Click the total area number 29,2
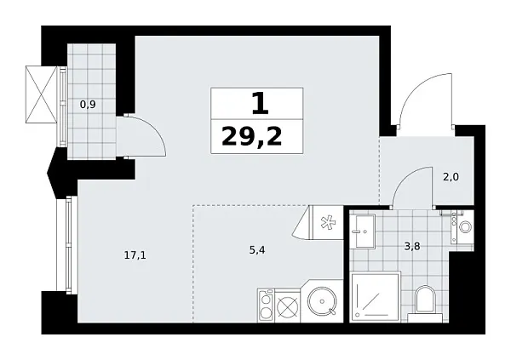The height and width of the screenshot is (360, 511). [x=251, y=136]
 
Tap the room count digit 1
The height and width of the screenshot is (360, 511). [x=259, y=103]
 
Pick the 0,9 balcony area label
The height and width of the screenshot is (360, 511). [x=87, y=104]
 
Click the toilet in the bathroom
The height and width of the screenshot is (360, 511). [x=425, y=301]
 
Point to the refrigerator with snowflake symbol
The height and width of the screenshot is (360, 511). [x=324, y=224]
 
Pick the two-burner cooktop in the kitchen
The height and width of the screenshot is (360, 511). [x=265, y=303]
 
